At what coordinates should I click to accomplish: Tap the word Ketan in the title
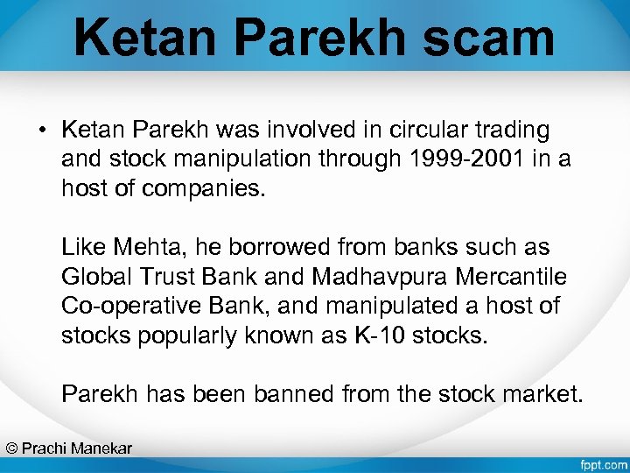coord(141,39)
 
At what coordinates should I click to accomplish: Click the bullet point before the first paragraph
coord(41,131)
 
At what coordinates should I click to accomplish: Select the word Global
coord(96,277)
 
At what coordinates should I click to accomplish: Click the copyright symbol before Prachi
coord(11,448)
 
